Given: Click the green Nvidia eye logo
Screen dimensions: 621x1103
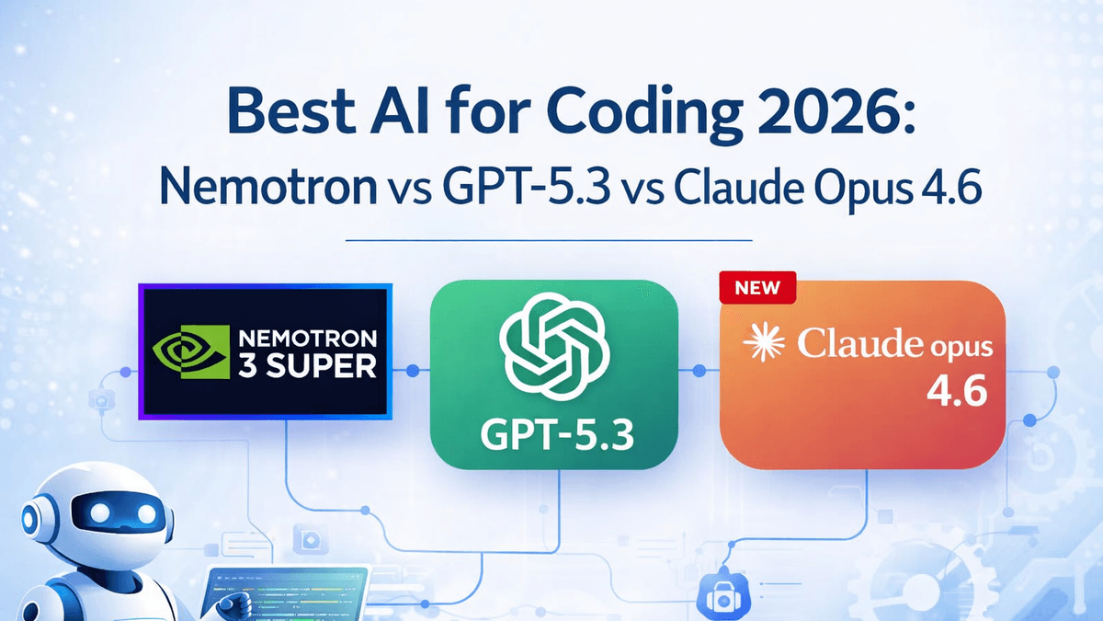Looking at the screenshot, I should click(184, 353).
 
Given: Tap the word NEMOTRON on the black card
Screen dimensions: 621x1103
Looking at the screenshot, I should click(308, 337).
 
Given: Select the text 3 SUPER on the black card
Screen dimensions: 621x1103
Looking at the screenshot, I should click(308, 366).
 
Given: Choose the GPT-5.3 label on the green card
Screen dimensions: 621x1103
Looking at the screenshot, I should click(554, 432).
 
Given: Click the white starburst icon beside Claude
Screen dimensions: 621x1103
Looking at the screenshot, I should click(768, 344).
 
